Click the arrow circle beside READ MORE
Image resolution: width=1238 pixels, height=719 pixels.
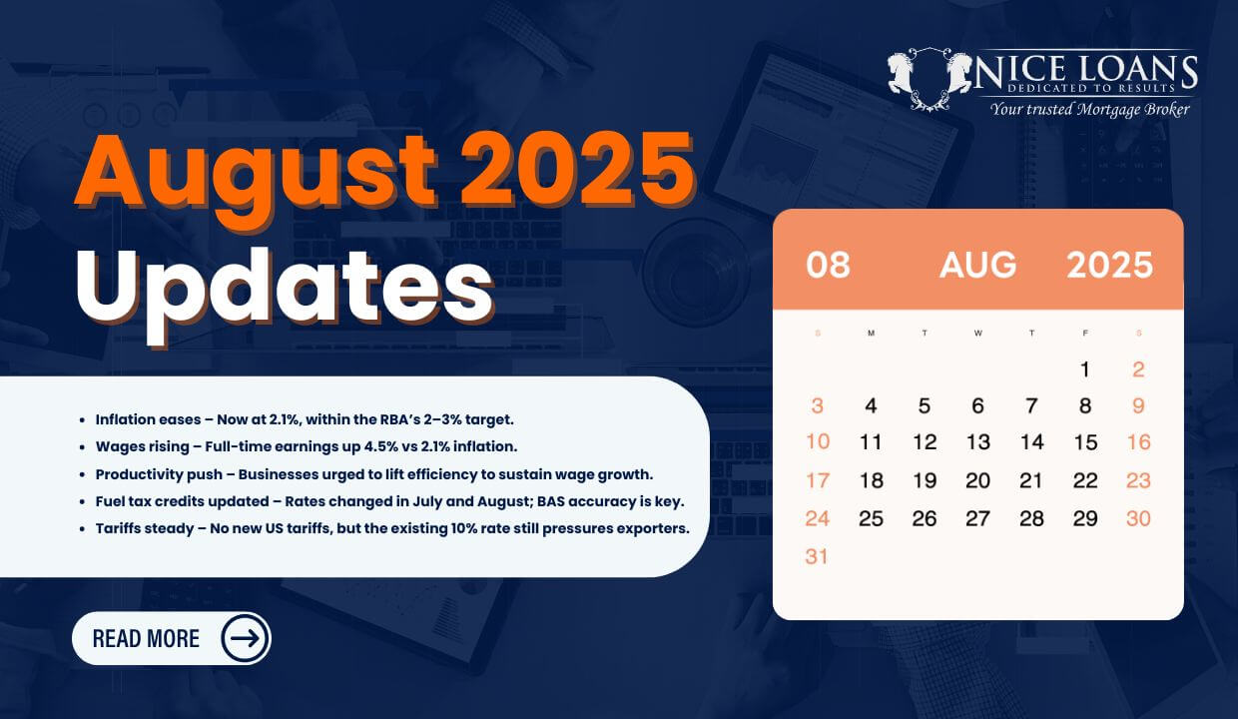click(x=245, y=638)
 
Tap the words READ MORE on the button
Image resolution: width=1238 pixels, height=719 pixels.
click(x=146, y=638)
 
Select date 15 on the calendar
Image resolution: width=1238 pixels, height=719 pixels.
click(x=1085, y=442)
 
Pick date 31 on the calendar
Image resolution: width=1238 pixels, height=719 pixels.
click(x=817, y=556)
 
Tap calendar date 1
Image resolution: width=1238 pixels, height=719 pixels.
click(x=1085, y=369)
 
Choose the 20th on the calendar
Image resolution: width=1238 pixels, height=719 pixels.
click(x=977, y=480)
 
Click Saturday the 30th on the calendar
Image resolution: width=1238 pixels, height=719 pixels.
click(x=1138, y=518)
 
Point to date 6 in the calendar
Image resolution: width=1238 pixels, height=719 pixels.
click(x=977, y=405)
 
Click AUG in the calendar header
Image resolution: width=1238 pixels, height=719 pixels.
click(x=977, y=265)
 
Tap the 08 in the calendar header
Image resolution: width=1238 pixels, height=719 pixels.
click(x=828, y=265)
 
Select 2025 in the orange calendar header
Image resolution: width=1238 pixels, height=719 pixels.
click(x=1109, y=265)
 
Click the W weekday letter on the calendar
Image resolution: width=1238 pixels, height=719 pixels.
click(x=977, y=333)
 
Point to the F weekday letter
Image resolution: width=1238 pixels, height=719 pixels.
click(x=1085, y=333)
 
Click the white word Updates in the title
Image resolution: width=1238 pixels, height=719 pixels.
click(x=285, y=292)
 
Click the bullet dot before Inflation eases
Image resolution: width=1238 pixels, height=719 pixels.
click(x=82, y=420)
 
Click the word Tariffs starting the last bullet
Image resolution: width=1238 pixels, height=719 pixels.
click(x=117, y=528)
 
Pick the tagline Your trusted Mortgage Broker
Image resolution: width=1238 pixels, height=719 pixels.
click(x=1089, y=109)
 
